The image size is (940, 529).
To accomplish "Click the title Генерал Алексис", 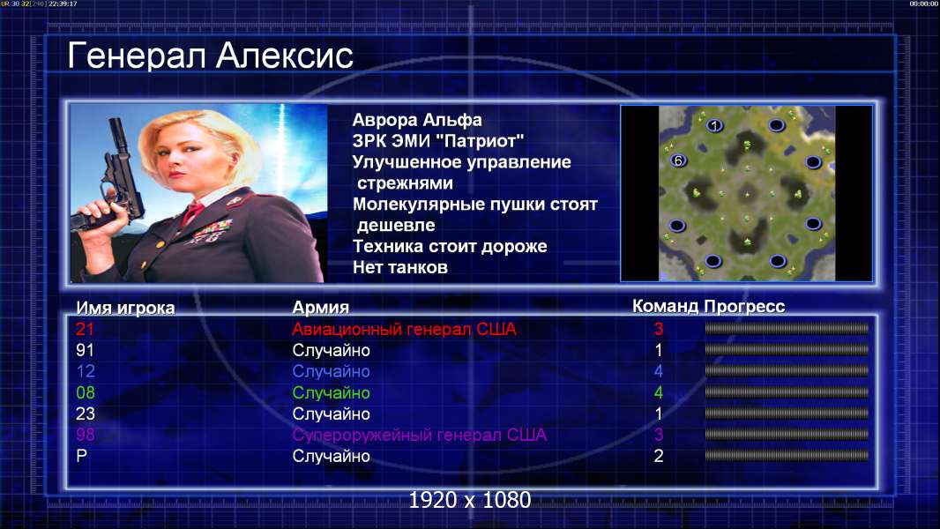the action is (210, 56).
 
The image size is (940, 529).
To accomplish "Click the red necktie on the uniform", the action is (192, 212).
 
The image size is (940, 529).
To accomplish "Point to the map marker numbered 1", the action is (714, 126).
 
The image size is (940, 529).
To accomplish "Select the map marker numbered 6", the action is (678, 160).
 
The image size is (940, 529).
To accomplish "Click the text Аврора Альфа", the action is (416, 120).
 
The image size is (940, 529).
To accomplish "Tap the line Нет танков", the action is (399, 267).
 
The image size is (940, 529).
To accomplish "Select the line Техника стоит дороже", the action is (450, 246).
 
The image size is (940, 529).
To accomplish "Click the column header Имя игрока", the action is (125, 308).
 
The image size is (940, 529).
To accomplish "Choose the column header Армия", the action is (320, 308).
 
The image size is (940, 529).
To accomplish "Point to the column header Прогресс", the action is (744, 307).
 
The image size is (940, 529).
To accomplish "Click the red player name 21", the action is (85, 329).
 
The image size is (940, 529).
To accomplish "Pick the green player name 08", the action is (86, 393).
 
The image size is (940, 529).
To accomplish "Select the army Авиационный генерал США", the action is (404, 329).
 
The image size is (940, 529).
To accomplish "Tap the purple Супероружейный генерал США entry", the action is (419, 435).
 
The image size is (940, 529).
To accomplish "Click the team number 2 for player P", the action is (658, 456).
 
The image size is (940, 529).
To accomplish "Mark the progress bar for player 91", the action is (787, 349).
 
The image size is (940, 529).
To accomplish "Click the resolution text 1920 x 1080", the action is (469, 500).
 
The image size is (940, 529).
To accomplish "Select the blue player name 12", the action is (86, 371).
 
